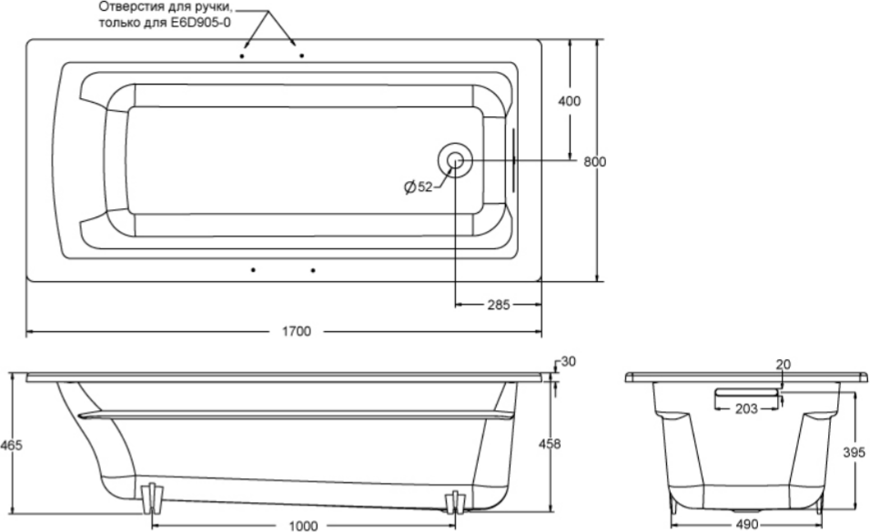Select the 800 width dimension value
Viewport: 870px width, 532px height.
[594, 162]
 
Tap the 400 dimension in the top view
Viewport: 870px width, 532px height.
[569, 101]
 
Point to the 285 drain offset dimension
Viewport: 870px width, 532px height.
[497, 305]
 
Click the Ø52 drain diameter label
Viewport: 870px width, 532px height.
[418, 186]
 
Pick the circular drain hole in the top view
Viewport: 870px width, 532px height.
[455, 161]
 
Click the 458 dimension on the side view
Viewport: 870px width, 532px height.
[550, 444]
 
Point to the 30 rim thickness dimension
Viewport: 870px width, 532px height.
[569, 362]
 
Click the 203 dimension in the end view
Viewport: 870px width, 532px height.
[745, 409]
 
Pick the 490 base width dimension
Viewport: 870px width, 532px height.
[745, 525]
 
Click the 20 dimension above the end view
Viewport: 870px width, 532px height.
[783, 365]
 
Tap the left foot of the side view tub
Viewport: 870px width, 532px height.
[151, 497]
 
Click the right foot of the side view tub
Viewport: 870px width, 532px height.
[454, 499]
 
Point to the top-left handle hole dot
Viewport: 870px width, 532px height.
[243, 56]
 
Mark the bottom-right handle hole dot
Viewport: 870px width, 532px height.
[313, 270]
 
